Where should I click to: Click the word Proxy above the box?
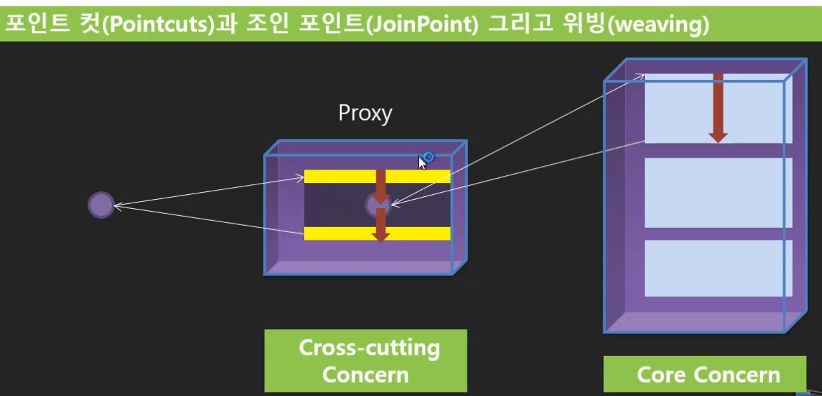pos(364,113)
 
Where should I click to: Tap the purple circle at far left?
pos(100,205)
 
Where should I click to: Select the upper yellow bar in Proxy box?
pos(336,177)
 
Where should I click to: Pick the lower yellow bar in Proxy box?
pos(336,233)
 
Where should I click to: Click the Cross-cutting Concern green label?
pos(365,360)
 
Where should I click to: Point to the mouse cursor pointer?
pos(421,163)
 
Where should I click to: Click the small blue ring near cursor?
pos(428,157)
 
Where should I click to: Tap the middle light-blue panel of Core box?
pos(718,192)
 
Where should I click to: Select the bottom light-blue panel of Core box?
pos(718,268)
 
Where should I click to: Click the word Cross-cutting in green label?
pos(369,348)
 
